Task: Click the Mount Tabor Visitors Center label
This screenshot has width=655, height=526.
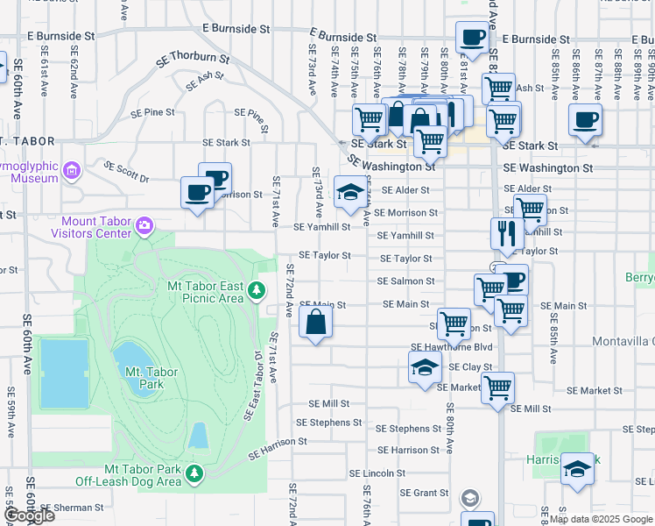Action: click(97, 228)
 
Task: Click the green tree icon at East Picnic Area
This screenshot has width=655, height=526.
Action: click(256, 290)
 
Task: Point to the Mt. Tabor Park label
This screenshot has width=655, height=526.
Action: click(151, 378)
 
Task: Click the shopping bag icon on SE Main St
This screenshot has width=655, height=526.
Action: click(315, 323)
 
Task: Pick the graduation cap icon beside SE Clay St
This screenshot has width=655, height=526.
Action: click(425, 366)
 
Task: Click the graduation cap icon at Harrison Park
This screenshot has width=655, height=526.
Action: click(577, 469)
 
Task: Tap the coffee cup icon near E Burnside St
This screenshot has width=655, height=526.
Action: click(472, 38)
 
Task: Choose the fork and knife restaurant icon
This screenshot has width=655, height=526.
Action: click(507, 233)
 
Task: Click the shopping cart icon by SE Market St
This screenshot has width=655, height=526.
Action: click(497, 387)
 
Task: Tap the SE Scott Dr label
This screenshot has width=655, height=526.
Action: click(126, 171)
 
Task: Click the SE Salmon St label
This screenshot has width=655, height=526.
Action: click(405, 281)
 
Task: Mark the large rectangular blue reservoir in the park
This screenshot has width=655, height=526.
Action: click(64, 373)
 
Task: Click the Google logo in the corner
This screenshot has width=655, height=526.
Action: click(28, 515)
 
